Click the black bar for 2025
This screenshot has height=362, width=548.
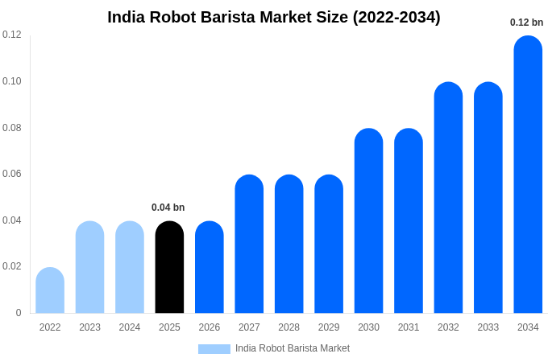[x=169, y=267]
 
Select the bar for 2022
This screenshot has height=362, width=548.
[x=50, y=290]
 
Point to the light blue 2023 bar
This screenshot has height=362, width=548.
[x=89, y=267]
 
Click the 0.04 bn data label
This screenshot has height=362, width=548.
[x=168, y=208]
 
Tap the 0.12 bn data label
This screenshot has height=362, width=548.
[x=527, y=23]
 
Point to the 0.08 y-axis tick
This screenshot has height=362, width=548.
[x=12, y=128]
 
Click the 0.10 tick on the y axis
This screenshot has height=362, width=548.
[x=12, y=81]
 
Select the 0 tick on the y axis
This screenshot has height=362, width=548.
[x=19, y=313]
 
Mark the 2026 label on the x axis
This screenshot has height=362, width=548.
[x=210, y=327]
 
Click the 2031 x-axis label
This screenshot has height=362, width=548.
[x=409, y=327]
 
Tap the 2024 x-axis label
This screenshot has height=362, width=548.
[x=130, y=327]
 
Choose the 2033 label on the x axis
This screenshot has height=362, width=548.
[x=488, y=327]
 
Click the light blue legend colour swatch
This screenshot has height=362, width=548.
[x=214, y=349]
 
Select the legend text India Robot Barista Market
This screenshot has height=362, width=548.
[x=293, y=348]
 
